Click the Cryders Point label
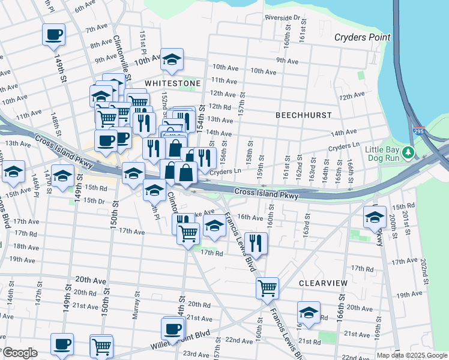[x=362, y=37]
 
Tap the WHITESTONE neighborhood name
[x=172, y=82]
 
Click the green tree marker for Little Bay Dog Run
[x=409, y=152]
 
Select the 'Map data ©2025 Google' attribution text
[x=411, y=355]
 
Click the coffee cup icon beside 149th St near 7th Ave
[x=54, y=34]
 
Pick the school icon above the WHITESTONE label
[x=172, y=59]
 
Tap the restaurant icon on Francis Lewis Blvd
[x=256, y=242]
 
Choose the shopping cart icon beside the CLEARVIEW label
[x=267, y=287]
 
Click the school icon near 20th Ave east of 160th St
[x=309, y=313]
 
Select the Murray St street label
[x=137, y=305]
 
